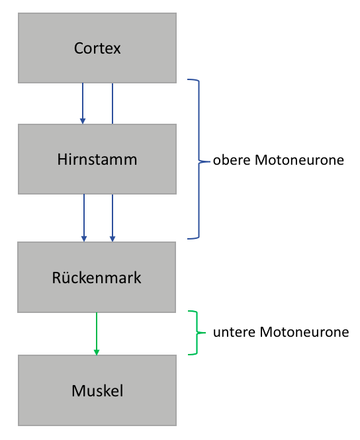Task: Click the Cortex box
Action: point(97,48)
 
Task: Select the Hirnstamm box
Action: point(97,159)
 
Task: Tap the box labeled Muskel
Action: point(97,390)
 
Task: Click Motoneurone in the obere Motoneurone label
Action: point(299,160)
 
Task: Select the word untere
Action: point(234,332)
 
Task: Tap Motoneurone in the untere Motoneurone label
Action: point(304,332)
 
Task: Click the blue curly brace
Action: point(199,159)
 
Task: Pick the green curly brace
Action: point(197,333)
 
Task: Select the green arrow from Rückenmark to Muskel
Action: point(97,334)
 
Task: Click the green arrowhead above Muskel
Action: point(97,352)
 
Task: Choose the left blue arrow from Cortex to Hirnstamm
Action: point(83,103)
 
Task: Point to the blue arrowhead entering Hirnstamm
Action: point(83,121)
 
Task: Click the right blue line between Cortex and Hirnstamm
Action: point(112,103)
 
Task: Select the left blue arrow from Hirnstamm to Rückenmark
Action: point(84,218)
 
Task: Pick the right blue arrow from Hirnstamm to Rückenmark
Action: point(112,218)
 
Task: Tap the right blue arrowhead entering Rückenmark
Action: point(112,239)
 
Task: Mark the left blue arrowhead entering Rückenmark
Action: point(84,239)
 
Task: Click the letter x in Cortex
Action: point(117,50)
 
